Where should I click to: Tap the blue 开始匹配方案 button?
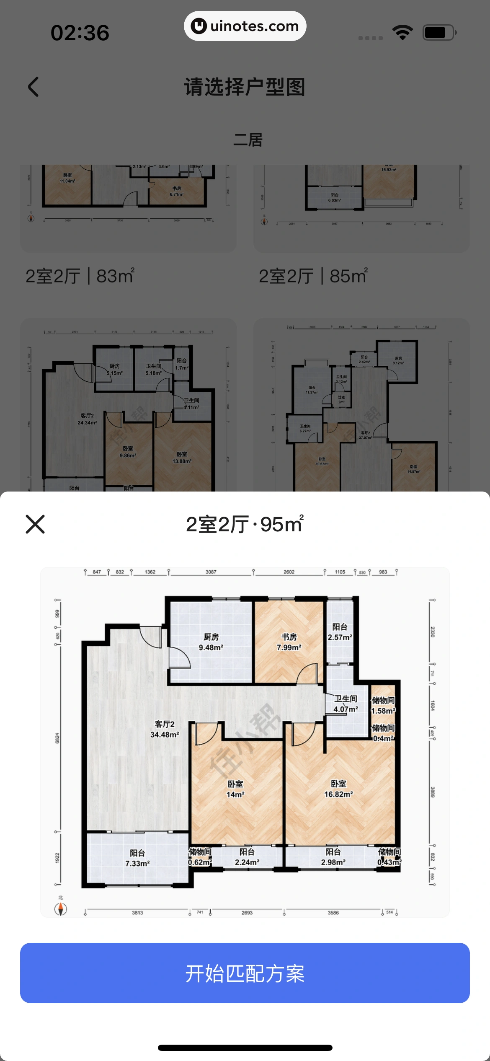(245, 973)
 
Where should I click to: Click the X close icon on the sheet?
(35, 524)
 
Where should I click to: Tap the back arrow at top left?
(34, 87)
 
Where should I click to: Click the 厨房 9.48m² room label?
(211, 642)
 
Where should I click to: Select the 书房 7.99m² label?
(289, 642)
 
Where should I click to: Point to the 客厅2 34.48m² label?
(165, 729)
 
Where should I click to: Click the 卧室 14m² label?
(235, 789)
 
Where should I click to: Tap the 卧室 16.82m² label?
(338, 789)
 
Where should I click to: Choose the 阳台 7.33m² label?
(137, 858)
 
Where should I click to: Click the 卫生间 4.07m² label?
(346, 704)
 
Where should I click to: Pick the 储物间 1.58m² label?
(383, 706)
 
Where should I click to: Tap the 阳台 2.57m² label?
(340, 632)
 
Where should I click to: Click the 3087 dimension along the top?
(211, 572)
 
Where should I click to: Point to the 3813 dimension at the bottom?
(137, 913)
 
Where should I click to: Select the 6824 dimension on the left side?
(57, 738)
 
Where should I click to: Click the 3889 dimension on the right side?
(433, 792)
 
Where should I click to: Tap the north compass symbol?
(61, 908)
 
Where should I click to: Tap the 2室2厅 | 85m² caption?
(313, 276)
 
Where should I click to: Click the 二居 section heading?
(248, 140)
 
